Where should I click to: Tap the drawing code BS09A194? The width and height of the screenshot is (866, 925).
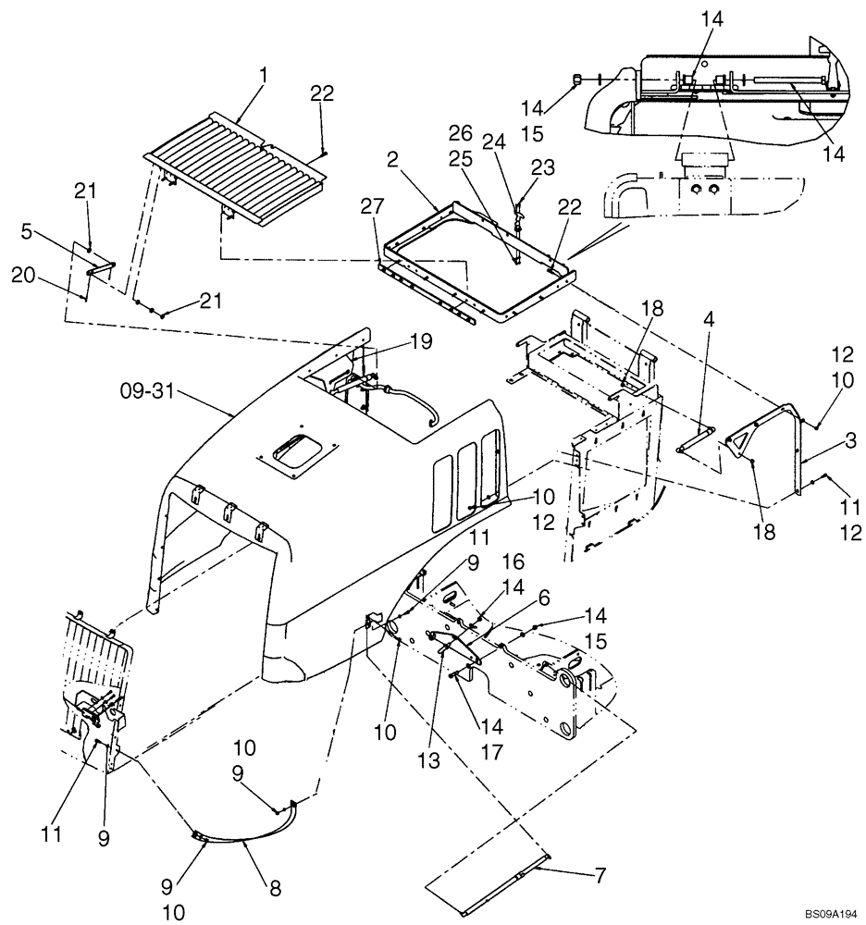tap(823, 912)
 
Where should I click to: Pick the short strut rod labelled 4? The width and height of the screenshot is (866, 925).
tap(697, 438)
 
